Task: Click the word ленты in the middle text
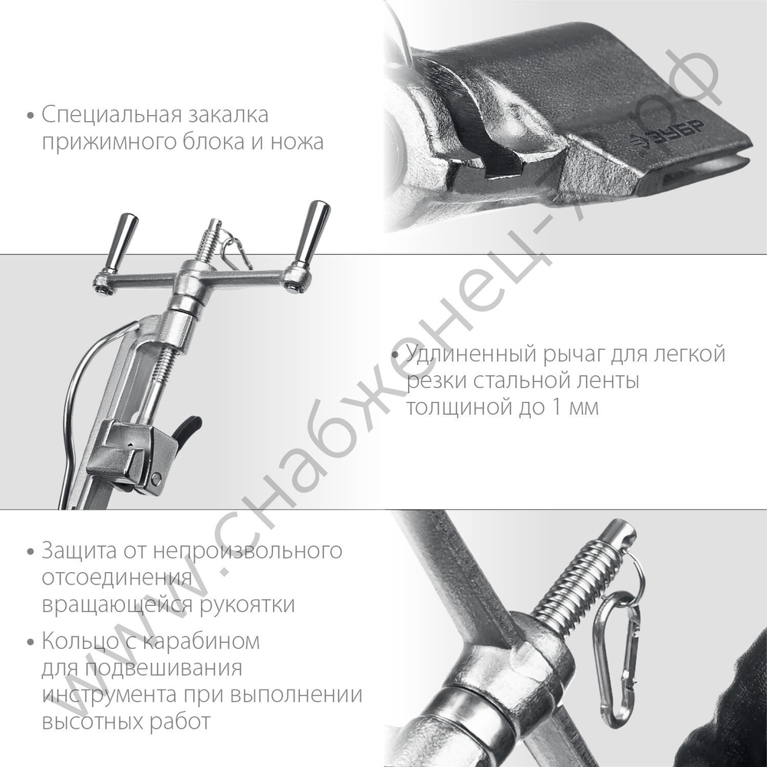point(604,381)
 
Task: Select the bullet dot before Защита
point(30,551)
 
